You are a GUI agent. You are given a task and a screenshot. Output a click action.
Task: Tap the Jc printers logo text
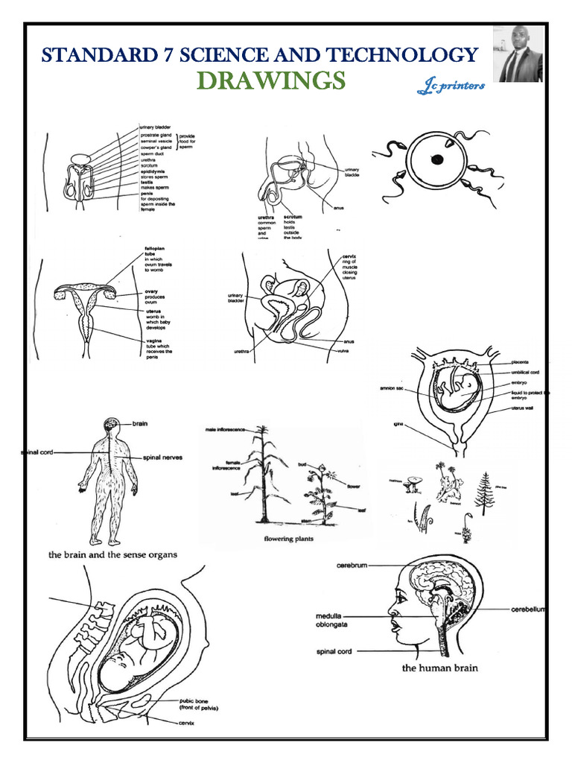pyautogui.click(x=451, y=87)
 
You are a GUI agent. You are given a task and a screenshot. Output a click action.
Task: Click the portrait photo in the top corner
pyautogui.click(x=519, y=54)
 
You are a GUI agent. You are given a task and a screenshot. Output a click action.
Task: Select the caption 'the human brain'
pyautogui.click(x=439, y=668)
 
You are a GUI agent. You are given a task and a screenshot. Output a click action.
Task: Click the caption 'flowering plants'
pyautogui.click(x=289, y=538)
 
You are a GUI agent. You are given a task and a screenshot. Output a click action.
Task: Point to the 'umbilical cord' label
pyautogui.click(x=524, y=371)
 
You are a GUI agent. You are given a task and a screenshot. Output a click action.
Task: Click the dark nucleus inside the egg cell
pyautogui.click(x=438, y=159)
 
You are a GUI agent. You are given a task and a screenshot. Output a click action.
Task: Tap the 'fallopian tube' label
pyautogui.click(x=153, y=252)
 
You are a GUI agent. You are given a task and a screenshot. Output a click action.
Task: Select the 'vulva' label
pyautogui.click(x=345, y=351)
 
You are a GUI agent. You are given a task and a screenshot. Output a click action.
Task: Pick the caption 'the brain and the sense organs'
pyautogui.click(x=113, y=554)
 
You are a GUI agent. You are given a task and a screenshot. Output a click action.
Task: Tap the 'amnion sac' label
pyautogui.click(x=393, y=387)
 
